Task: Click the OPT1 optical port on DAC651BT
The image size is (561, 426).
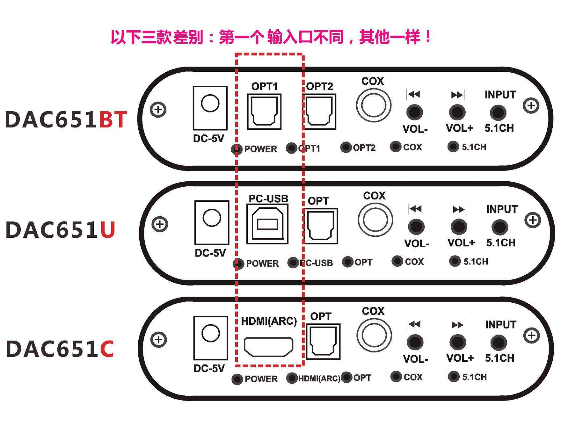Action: point(264,112)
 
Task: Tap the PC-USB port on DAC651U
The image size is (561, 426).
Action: point(267,224)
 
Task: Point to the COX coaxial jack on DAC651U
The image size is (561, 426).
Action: point(375,220)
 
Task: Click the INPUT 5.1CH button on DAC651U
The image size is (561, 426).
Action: point(499,227)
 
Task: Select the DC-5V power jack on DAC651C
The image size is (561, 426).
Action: point(211,338)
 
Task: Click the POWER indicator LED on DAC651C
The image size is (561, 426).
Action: point(237,379)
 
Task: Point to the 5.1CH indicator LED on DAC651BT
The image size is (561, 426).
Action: point(453,147)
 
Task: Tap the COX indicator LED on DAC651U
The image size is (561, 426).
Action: point(397,261)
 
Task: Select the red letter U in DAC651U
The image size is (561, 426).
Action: point(107,230)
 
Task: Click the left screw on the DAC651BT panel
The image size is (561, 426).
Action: point(158,110)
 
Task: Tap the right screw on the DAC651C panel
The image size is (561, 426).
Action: point(531,335)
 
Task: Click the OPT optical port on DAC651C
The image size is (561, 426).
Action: point(323,341)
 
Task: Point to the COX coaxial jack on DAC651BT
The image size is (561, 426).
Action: point(374,105)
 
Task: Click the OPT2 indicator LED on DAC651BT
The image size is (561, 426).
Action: point(346,147)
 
